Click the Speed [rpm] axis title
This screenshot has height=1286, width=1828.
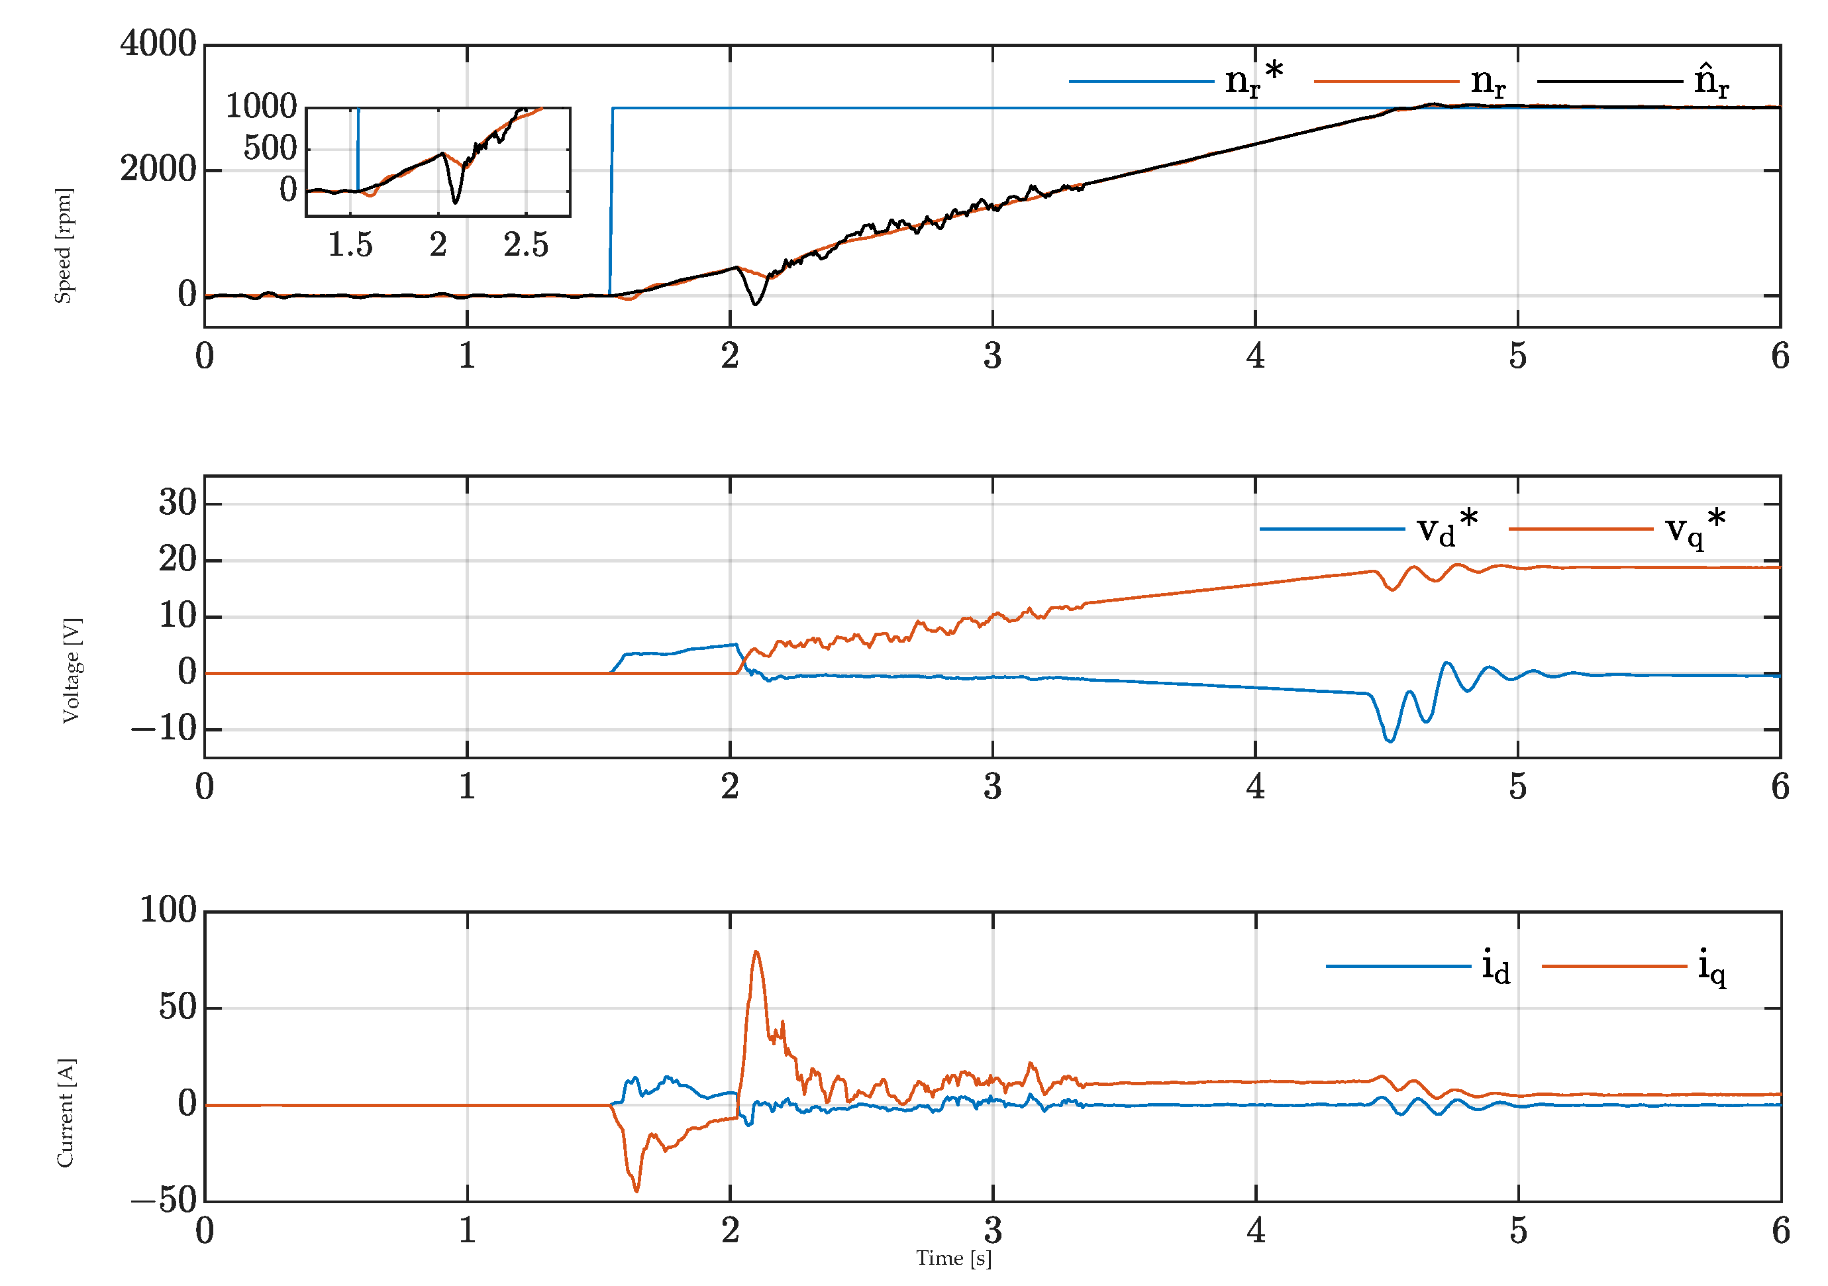(64, 246)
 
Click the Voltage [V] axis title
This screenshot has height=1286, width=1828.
(72, 670)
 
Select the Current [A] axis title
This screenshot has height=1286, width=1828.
(66, 1113)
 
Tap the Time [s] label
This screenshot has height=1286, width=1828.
(954, 1259)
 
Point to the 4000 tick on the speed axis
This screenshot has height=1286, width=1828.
(158, 44)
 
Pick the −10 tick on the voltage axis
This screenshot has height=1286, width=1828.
(164, 729)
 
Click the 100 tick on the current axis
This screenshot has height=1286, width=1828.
(168, 910)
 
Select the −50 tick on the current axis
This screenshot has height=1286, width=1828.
(164, 1200)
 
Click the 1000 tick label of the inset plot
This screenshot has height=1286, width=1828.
(261, 106)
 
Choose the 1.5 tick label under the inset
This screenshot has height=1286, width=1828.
(350, 245)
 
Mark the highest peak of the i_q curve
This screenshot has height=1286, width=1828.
(756, 951)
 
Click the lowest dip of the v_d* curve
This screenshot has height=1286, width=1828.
(1390, 741)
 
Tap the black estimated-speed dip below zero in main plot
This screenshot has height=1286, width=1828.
(756, 304)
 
